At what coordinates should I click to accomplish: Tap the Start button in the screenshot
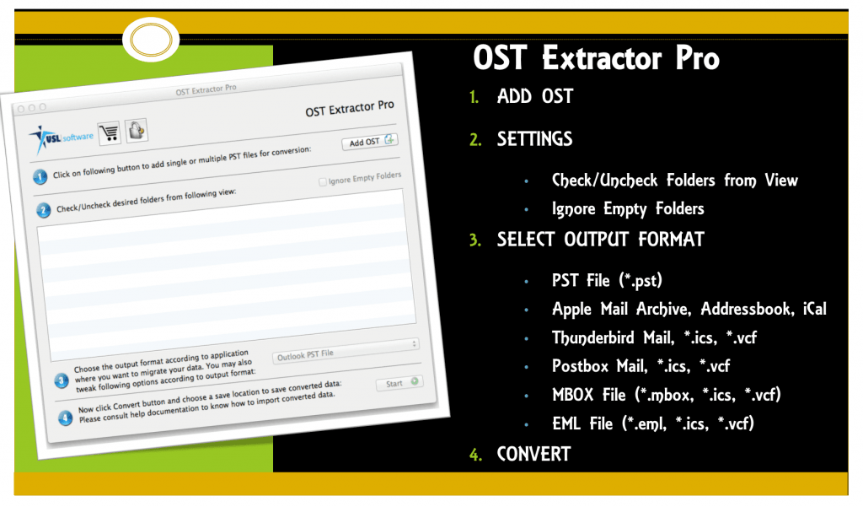coord(399,383)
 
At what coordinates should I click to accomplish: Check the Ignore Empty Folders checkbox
coord(324,181)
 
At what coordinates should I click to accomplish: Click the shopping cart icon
coord(109,132)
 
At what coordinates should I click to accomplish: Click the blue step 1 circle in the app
coord(40,177)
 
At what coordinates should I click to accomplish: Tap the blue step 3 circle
coord(61,380)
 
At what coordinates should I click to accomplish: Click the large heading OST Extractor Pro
coord(596,59)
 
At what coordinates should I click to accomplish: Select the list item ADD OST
coord(534,97)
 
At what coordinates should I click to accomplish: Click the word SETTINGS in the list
coord(534,139)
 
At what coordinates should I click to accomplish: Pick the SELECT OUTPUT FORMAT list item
coord(600,240)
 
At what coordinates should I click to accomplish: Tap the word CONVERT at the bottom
coord(533,454)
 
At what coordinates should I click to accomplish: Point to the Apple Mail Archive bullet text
coord(689,310)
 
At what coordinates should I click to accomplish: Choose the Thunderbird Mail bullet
coord(655,337)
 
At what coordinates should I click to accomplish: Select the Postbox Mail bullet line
coord(641,366)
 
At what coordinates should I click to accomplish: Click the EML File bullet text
coord(652,423)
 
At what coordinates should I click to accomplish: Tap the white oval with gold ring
coord(151,38)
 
